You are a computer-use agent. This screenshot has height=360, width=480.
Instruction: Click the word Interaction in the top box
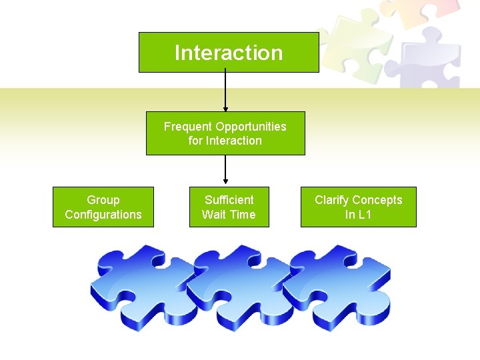tap(229, 53)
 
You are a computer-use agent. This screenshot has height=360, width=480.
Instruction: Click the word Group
tap(103, 200)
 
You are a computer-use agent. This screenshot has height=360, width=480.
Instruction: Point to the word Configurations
tap(103, 215)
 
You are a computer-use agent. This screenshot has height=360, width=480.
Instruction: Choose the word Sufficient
tap(229, 200)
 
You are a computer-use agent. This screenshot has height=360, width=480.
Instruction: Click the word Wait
tap(215, 215)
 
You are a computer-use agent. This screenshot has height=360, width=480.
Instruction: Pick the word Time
tap(243, 215)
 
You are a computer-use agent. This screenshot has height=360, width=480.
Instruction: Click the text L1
tap(365, 215)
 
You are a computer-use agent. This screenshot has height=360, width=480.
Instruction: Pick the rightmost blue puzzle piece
tap(333, 287)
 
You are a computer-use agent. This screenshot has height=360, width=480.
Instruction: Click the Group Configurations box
tap(103, 207)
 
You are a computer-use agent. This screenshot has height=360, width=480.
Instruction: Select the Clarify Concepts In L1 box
tap(359, 207)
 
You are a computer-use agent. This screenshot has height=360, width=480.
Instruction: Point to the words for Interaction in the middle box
tap(225, 141)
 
